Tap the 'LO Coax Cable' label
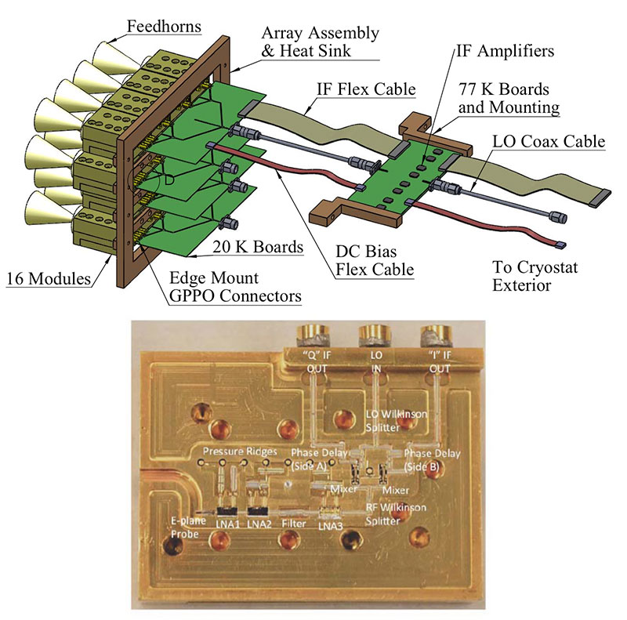549,142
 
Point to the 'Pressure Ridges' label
233,452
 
